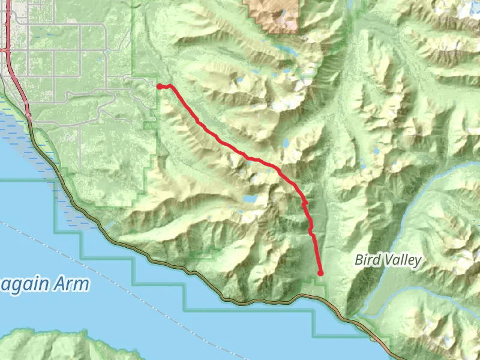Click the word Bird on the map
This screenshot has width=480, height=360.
coord(367,260)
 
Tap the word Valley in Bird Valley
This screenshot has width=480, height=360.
coord(401,260)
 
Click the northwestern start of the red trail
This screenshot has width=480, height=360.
coord(160,86)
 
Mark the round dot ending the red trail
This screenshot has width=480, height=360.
coord(320,273)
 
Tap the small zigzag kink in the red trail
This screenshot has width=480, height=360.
coord(305,205)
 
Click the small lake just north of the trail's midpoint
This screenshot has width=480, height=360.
coord(286,143)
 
